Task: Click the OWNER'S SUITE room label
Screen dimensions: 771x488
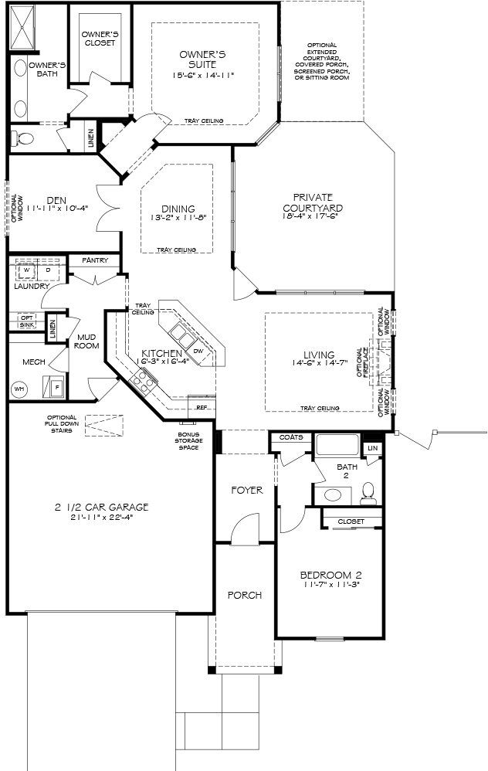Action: pos(202,59)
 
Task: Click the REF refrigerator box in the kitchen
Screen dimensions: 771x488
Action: pos(202,406)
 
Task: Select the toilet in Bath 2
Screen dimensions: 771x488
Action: pos(368,491)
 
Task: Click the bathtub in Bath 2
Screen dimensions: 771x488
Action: pos(337,446)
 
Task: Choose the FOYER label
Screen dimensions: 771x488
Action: pos(247,490)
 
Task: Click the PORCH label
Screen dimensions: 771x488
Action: pos(244,595)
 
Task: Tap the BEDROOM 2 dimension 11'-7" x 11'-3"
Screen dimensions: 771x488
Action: pos(330,585)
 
